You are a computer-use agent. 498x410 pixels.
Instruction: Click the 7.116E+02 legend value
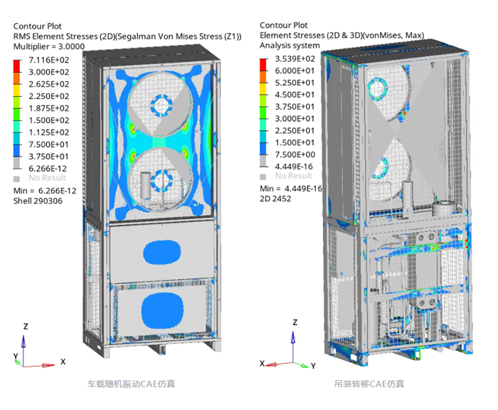pyautogui.click(x=49, y=60)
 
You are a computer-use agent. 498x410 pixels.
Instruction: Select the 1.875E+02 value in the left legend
pyautogui.click(x=49, y=108)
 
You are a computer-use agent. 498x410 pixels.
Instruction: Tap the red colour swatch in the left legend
pyautogui.click(x=16, y=65)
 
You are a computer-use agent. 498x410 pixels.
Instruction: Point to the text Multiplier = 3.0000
pyautogui.click(x=49, y=46)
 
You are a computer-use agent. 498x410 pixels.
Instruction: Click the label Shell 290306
pyautogui.click(x=38, y=201)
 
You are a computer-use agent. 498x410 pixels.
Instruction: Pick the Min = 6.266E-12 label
pyautogui.click(x=45, y=191)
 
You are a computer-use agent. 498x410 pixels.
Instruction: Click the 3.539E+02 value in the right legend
pyautogui.click(x=295, y=59)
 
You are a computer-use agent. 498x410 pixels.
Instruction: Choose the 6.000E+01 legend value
pyautogui.click(x=295, y=70)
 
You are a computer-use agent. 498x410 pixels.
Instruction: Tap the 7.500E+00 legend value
pyautogui.click(x=295, y=154)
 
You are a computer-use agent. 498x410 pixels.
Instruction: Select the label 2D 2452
pyautogui.click(x=275, y=199)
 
